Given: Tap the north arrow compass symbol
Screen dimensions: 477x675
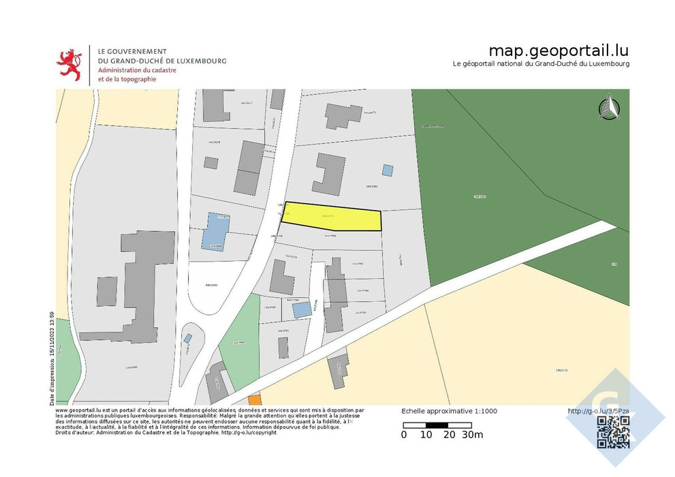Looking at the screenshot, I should pyautogui.click(x=608, y=108).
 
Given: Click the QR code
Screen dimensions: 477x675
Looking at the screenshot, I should pyautogui.click(x=612, y=432).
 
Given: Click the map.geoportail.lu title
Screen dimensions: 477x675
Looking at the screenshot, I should pyautogui.click(x=559, y=51).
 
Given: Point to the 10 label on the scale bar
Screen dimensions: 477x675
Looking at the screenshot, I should pyautogui.click(x=426, y=435).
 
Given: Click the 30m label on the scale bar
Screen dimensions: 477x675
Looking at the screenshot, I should pyautogui.click(x=473, y=435).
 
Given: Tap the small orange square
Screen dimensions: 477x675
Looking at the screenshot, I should pyautogui.click(x=254, y=400).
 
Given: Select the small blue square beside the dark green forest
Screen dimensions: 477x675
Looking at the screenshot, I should pyautogui.click(x=387, y=170).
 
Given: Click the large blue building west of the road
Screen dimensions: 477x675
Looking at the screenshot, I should pyautogui.click(x=215, y=230).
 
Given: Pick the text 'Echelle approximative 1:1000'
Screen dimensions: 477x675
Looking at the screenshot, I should pyautogui.click(x=450, y=411).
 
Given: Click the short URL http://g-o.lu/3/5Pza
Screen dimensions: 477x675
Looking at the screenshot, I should pyautogui.click(x=598, y=411).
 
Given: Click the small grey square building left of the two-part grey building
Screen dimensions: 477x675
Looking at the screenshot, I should pyautogui.click(x=211, y=163).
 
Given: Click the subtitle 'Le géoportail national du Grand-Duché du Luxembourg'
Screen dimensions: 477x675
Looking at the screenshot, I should pyautogui.click(x=541, y=63).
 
